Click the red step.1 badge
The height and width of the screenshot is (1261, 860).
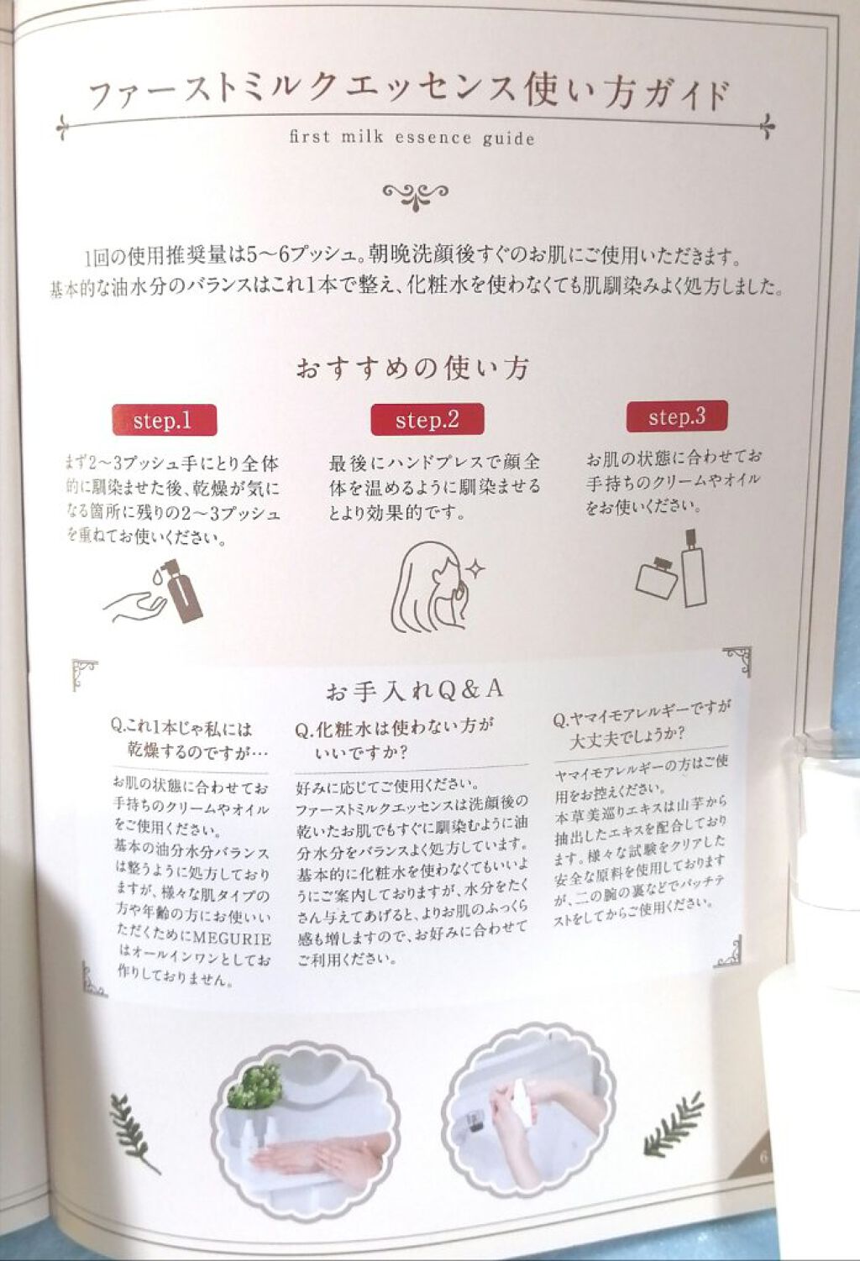(x=164, y=421)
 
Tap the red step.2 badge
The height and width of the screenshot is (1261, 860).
(x=427, y=420)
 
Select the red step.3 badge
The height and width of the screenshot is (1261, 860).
(x=677, y=416)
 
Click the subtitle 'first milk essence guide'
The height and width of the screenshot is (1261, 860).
(x=412, y=138)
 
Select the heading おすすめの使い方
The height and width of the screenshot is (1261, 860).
(x=412, y=369)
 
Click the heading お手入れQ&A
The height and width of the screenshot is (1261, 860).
(x=414, y=690)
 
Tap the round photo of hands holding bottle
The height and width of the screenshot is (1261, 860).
(x=529, y=1108)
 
